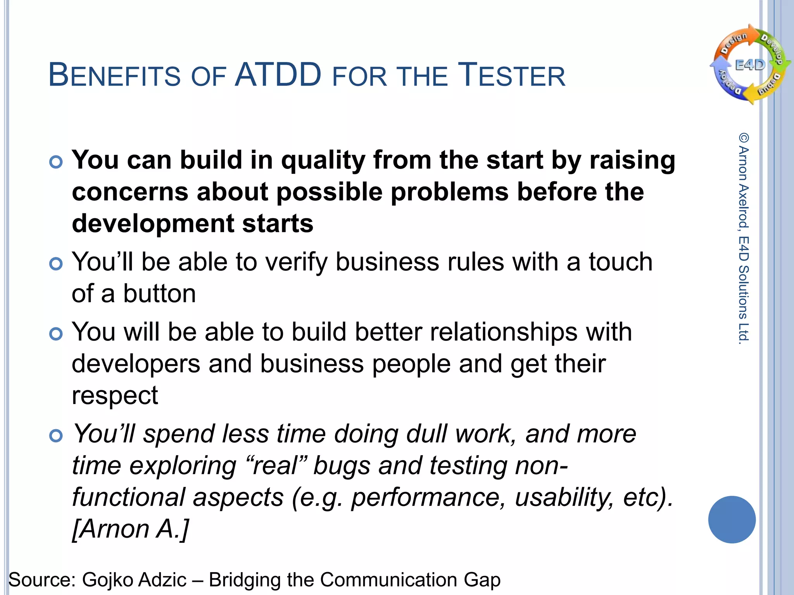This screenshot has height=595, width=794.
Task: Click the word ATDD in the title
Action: pos(278,75)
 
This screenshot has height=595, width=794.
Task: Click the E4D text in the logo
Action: pos(750,65)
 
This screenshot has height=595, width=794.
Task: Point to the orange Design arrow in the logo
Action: pos(734,42)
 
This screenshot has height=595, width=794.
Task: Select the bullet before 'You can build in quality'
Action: pos(56,162)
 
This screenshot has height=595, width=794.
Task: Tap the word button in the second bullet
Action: pos(159,294)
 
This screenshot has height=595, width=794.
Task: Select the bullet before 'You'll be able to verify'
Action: pos(56,264)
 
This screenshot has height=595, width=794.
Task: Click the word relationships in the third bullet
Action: pos(504,332)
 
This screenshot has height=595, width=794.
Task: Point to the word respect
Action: pos(115,396)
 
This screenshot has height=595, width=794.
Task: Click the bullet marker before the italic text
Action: pos(56,436)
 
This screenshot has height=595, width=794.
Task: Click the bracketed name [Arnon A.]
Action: pos(130,529)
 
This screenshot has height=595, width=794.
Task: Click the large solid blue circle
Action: pos(732,519)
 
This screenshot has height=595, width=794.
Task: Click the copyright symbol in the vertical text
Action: pos(744,138)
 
